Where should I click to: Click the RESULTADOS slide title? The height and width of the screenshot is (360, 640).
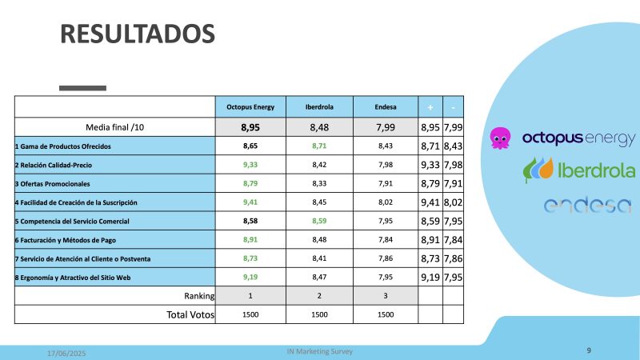click(138, 34)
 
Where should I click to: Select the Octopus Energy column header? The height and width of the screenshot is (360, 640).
click(250, 106)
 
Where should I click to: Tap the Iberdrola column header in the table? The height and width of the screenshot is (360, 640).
click(319, 106)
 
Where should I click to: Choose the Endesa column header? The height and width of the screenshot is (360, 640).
click(386, 106)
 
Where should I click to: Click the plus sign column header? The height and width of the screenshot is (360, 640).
click(430, 106)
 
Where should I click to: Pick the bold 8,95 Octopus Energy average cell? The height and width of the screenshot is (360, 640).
click(250, 126)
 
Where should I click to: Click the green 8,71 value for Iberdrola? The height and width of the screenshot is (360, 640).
click(319, 147)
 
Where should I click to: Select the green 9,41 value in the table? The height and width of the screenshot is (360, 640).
click(250, 202)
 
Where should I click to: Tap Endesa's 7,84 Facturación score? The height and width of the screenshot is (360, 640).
click(386, 239)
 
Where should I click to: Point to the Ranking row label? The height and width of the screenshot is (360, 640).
click(198, 295)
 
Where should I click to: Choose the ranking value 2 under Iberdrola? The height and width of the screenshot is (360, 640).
click(319, 295)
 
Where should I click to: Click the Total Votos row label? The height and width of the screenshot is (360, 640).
click(190, 314)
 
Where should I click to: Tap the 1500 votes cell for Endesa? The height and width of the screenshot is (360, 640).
click(386, 314)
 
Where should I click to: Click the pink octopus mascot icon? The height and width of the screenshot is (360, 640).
click(501, 138)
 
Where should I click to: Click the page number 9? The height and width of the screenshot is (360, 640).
click(589, 350)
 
